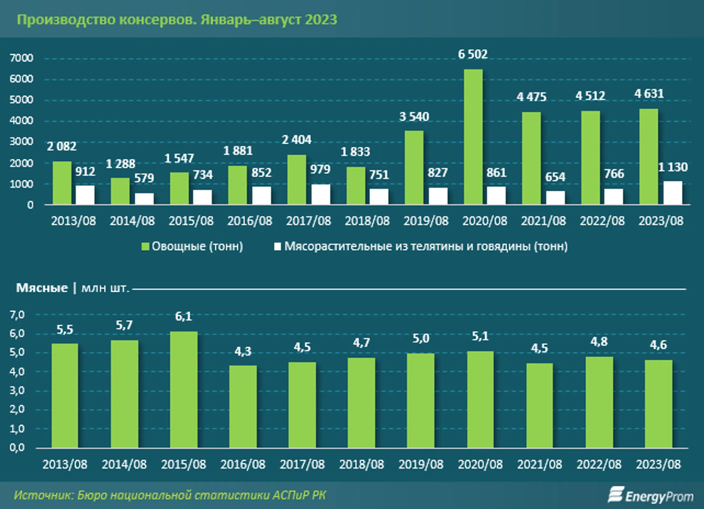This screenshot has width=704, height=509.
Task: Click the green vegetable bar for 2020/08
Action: pyautogui.click(x=473, y=137)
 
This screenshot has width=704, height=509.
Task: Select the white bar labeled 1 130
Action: pyautogui.click(x=673, y=193)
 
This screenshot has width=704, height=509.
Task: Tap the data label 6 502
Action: pyautogui.click(x=473, y=54)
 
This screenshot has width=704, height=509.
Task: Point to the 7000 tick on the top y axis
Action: pyautogui.click(x=22, y=58)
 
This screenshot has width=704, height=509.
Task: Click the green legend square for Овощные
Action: pyautogui.click(x=145, y=247)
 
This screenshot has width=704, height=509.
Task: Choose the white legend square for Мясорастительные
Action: pyautogui.click(x=277, y=247)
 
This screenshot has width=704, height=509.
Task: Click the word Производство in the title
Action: pyautogui.click(x=66, y=20)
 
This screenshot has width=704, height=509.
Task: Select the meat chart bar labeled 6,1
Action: pyautogui.click(x=183, y=390)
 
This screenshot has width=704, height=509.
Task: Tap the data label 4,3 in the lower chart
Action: pyautogui.click(x=243, y=351)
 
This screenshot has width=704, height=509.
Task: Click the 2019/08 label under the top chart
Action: pyautogui.click(x=426, y=221)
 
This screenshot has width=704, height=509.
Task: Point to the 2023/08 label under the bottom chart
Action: pyautogui.click(x=658, y=464)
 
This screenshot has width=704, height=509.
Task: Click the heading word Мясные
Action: pyautogui.click(x=42, y=288)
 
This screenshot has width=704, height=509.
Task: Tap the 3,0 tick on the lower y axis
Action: pyautogui.click(x=17, y=390)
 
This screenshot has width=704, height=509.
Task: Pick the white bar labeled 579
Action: pyautogui.click(x=144, y=199)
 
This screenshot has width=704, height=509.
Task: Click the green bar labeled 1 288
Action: pyautogui.click(x=120, y=191)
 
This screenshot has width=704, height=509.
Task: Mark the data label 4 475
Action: pyautogui.click(x=531, y=97)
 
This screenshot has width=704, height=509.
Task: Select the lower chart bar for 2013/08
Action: pyautogui.click(x=65, y=396)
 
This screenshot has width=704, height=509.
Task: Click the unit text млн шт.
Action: pyautogui.click(x=105, y=288)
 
